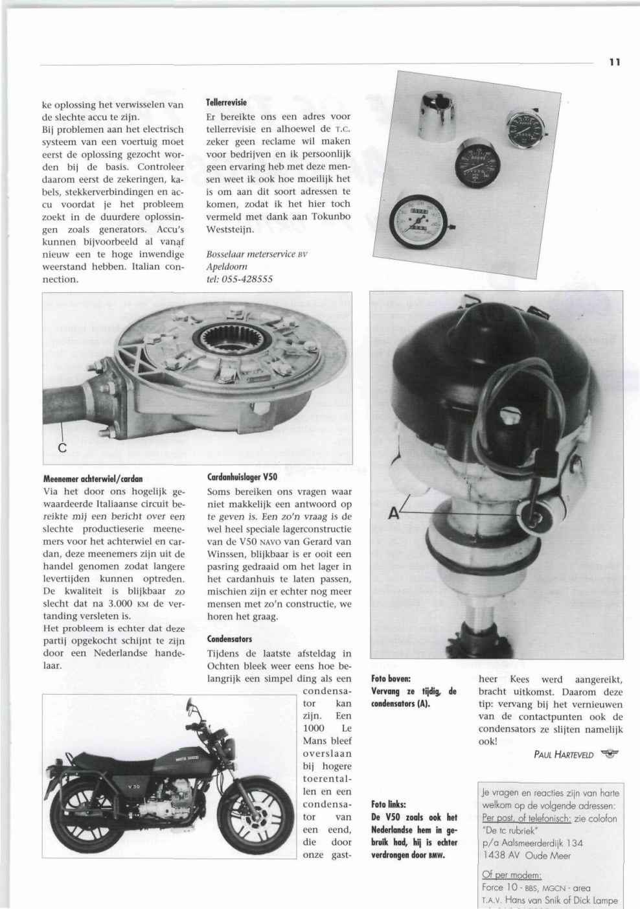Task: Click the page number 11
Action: tap(615, 62)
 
